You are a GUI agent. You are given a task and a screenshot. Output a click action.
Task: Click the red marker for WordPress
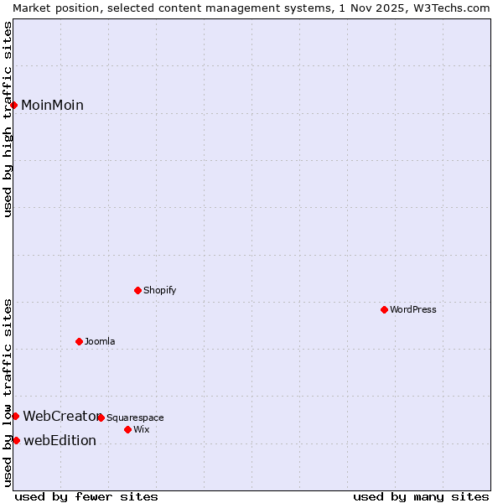pos(384,309)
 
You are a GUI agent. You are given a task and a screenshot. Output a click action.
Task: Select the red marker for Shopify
pos(137,290)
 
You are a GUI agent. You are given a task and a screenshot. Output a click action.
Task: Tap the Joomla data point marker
pos(79,341)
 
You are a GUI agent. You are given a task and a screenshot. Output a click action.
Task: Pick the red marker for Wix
pos(127,429)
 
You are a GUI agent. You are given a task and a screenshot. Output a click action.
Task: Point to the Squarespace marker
pos(101,417)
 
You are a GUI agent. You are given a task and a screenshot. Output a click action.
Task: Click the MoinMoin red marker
pos(14,105)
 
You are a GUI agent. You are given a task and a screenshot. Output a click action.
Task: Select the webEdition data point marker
pos(16,440)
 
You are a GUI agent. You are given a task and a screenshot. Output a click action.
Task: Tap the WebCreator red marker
pos(15,416)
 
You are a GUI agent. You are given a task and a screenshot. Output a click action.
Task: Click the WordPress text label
pos(413,309)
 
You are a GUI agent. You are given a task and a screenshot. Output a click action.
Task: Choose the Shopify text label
pos(159,290)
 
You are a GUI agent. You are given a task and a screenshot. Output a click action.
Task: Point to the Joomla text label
pos(100,341)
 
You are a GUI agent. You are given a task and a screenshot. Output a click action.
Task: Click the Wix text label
pos(142,429)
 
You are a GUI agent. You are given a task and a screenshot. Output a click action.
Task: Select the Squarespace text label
pos(135,417)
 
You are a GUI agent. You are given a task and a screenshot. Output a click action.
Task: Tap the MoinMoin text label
pos(52,105)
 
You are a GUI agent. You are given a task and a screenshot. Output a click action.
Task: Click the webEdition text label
pos(60,440)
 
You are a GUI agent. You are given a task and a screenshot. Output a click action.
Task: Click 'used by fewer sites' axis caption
pos(86,496)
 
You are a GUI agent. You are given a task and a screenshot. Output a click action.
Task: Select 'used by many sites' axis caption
pos(421,496)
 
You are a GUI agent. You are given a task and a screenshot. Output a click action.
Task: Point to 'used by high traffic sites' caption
pos(8,119)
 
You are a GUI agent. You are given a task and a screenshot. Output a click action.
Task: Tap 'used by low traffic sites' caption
pos(8,392)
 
